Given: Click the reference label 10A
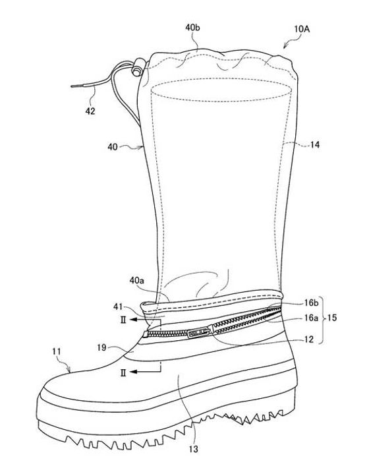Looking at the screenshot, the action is pyautogui.click(x=301, y=29).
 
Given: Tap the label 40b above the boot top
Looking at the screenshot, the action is pyautogui.click(x=192, y=28).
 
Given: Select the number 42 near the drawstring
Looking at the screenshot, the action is pyautogui.click(x=90, y=111).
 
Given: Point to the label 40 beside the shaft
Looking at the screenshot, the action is pyautogui.click(x=113, y=147).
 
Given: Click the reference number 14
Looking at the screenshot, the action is pyautogui.click(x=314, y=145).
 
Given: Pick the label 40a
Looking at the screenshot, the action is pyautogui.click(x=136, y=281).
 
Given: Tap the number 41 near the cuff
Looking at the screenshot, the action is pyautogui.click(x=118, y=307).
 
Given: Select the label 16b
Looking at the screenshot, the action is pyautogui.click(x=311, y=303).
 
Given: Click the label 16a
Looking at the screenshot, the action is pyautogui.click(x=311, y=318).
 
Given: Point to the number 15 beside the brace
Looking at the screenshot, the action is pyautogui.click(x=331, y=318).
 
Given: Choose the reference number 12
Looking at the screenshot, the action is pyautogui.click(x=308, y=340).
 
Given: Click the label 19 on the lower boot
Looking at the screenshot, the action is pyautogui.click(x=101, y=347).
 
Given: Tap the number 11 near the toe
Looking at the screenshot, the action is pyautogui.click(x=57, y=351).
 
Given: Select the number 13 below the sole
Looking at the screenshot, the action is pyautogui.click(x=194, y=449).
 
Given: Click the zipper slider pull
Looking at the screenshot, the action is pyautogui.click(x=198, y=334).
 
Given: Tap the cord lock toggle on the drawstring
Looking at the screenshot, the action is pyautogui.click(x=138, y=67).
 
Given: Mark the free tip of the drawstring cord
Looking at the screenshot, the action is pyautogui.click(x=72, y=86).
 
